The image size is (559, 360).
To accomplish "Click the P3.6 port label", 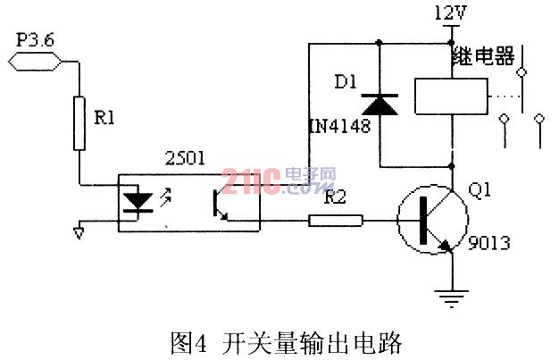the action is coord(36,40).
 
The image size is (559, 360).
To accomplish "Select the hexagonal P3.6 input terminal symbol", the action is coord(34,62).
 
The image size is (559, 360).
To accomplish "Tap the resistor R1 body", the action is coord(79,123).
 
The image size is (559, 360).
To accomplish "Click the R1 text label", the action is coord(104,118).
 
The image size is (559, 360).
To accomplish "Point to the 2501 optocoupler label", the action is coord(185,158).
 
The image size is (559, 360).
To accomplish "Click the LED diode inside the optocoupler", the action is coord(138,202).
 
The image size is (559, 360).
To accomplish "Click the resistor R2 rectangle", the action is coord(336,221).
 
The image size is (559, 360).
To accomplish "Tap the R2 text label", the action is coord(335,197).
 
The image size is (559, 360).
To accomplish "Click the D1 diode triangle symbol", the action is coord(380,105).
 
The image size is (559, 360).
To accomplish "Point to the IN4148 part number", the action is coord(339,126).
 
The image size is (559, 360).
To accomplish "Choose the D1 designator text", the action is coord(346,82).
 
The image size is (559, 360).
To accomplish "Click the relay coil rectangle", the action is coord(451,96).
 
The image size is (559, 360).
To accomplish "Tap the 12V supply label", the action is coord(450,13).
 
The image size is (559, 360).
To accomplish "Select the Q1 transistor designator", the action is coord(480,189).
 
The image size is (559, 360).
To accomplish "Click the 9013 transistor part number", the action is coord(488,243).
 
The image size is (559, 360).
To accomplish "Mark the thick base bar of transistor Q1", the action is coord(423,221).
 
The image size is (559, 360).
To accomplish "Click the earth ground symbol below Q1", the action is coord(452,298).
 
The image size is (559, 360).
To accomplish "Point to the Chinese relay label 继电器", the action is coord(483,56).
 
